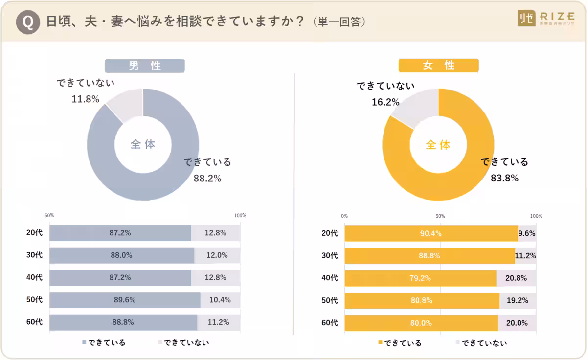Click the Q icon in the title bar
[x=27, y=22]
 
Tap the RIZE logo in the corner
[x=546, y=18]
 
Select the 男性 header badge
[x=144, y=66]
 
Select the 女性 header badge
[x=438, y=66]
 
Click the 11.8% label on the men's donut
[x=86, y=99]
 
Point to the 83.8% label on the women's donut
[x=504, y=178]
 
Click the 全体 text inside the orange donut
[x=438, y=145]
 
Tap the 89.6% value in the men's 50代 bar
[x=125, y=300]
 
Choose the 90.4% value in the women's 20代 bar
[x=430, y=233]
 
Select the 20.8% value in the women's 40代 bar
[x=517, y=278]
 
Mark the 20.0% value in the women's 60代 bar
[x=517, y=323]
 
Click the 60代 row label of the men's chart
[x=34, y=322]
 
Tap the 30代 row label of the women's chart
[x=330, y=255]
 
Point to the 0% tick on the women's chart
[x=344, y=216]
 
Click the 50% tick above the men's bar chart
[x=49, y=215]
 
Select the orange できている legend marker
[x=380, y=343]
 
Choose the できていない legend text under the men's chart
[x=186, y=342]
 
